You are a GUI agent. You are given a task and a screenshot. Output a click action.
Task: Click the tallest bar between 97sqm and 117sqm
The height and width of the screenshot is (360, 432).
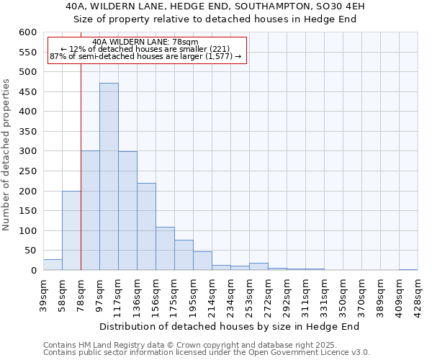coord(109,176)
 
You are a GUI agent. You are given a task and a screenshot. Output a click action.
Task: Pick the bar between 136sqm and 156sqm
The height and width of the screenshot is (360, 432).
coord(146,227)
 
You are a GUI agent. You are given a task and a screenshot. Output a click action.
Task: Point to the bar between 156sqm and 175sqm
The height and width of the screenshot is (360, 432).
coord(165,248)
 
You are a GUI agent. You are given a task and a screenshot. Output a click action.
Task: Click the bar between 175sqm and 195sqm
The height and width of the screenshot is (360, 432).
coord(184,255)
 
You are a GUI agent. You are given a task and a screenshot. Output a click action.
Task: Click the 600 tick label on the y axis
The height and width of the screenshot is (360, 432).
coord(27,32)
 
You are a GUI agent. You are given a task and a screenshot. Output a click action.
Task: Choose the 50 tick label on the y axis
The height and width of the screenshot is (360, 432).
coord(30,251)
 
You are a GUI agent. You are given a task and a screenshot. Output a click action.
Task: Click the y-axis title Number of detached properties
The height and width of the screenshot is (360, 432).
coord(7,156)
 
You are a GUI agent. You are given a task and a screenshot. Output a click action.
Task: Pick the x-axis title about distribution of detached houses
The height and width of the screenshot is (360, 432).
coord(229,326)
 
